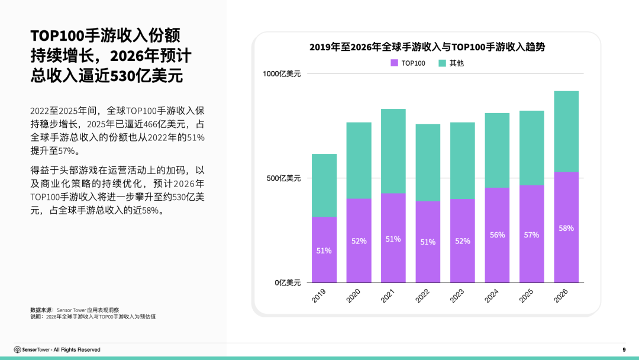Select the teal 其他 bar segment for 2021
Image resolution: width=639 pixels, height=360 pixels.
pyautogui.click(x=393, y=151)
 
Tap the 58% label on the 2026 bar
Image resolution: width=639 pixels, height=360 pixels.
pyautogui.click(x=566, y=228)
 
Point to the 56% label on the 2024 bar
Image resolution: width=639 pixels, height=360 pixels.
pyautogui.click(x=497, y=235)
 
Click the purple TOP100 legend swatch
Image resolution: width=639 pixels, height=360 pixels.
pyautogui.click(x=394, y=63)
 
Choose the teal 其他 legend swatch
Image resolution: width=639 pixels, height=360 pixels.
pyautogui.click(x=442, y=63)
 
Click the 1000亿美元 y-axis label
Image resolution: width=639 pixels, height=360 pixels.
pyautogui.click(x=282, y=74)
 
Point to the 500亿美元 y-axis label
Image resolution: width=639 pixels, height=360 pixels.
pyautogui.click(x=283, y=178)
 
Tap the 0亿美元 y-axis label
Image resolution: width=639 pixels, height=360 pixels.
pyautogui.click(x=287, y=283)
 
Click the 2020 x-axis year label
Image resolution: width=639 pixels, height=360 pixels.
pyautogui.click(x=354, y=296)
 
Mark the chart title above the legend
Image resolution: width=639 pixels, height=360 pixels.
pyautogui.click(x=427, y=47)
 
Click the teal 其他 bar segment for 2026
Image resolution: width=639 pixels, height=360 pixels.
pyautogui.click(x=566, y=131)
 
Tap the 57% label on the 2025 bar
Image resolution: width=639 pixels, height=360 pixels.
pyautogui.click(x=531, y=235)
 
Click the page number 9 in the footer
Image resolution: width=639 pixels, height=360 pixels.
pyautogui.click(x=624, y=350)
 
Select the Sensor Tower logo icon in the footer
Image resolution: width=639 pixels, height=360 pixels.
pyautogui.click(x=17, y=350)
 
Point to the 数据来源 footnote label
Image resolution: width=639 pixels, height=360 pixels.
pyautogui.click(x=41, y=310)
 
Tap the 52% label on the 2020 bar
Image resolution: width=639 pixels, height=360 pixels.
pyautogui.click(x=359, y=241)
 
